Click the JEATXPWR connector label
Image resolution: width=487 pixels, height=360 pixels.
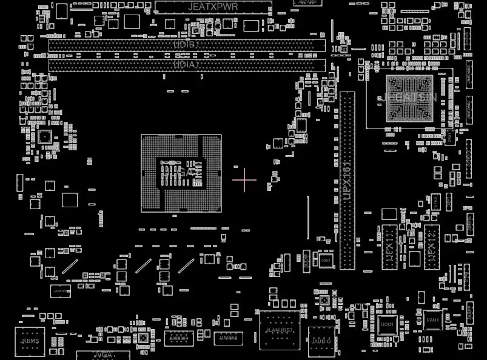tap(213, 7)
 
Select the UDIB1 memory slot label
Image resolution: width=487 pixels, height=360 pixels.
tap(187, 45)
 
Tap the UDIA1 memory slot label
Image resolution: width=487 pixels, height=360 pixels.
tap(187, 65)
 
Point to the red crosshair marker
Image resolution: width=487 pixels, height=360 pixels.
tap(244, 179)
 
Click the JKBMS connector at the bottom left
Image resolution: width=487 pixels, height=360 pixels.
tap(30, 341)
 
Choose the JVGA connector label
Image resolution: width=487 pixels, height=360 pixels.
tap(102, 355)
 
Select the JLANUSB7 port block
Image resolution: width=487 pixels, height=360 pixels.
tap(280, 330)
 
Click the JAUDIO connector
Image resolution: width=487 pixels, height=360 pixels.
tap(321, 341)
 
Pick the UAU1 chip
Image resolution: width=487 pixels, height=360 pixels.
tap(432, 319)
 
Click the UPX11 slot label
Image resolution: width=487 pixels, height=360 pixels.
tap(389, 247)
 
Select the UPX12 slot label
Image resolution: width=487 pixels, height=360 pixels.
tap(431, 247)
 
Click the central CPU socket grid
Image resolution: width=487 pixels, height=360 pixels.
tap(181, 173)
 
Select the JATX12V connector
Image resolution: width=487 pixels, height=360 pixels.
tap(61, 291)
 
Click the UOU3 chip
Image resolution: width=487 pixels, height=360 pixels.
tap(326, 260)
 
